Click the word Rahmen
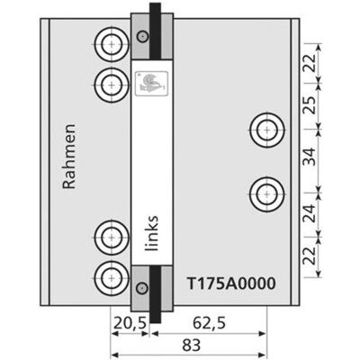point(68,157)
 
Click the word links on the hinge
point(152,233)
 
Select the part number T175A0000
point(231,283)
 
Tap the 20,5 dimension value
point(130,323)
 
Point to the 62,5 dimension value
point(209,323)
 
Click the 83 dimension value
point(191,346)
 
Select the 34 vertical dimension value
point(310,157)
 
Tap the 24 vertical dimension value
point(310,213)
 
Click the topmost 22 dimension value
point(310,63)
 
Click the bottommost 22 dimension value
point(310,256)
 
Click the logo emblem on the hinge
point(151,84)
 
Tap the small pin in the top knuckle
point(142,37)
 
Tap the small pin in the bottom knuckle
point(142,288)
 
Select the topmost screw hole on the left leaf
point(112,44)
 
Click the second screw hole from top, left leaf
point(112,85)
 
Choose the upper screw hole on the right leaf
point(267,130)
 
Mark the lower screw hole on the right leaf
point(267,194)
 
